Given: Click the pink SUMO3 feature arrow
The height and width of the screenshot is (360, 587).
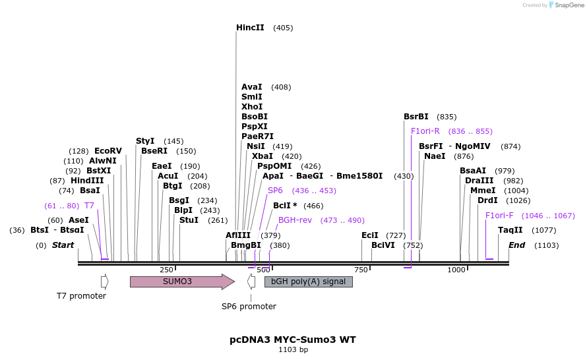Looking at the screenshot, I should (x=181, y=282).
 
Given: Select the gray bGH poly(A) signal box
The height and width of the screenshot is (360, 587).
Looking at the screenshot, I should (x=308, y=282).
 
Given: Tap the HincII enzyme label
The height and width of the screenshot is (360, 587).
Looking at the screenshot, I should (x=250, y=28).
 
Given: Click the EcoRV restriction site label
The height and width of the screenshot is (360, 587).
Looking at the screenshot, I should (x=108, y=151).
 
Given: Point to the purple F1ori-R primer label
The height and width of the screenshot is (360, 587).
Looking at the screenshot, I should (x=425, y=131).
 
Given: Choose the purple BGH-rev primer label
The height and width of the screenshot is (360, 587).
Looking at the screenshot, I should (x=295, y=220).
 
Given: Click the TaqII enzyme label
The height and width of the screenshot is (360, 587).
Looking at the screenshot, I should (x=510, y=230).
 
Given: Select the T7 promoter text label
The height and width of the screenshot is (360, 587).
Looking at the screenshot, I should (x=81, y=296).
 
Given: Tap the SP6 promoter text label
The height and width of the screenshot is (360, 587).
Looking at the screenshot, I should (x=249, y=307).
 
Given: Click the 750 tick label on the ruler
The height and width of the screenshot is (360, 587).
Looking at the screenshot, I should (x=361, y=270).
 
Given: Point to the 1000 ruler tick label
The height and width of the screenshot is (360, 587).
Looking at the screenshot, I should (x=456, y=270).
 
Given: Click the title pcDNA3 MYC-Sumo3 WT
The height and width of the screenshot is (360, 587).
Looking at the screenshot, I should (x=293, y=340).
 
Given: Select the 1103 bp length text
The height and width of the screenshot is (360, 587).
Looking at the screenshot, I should (x=293, y=350).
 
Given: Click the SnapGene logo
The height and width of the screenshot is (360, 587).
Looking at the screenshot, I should (x=565, y=5).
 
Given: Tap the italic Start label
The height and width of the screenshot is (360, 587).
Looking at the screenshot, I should (x=63, y=245).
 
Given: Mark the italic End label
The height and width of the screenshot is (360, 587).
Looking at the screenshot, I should (x=516, y=245).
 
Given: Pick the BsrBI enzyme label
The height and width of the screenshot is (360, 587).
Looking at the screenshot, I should (x=416, y=117).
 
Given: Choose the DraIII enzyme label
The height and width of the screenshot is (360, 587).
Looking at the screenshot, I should (x=479, y=181).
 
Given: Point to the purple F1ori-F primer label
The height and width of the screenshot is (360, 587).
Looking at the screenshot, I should (x=499, y=216).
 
